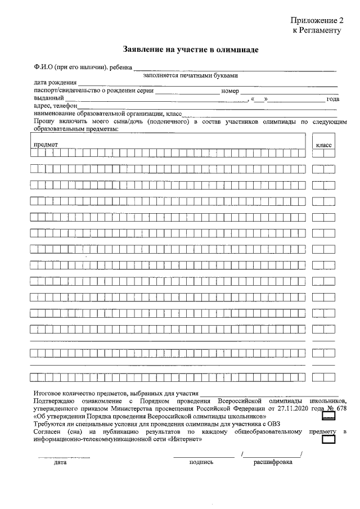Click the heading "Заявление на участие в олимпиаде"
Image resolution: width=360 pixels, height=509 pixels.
click(x=191, y=50)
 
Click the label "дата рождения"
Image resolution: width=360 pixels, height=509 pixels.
click(x=55, y=83)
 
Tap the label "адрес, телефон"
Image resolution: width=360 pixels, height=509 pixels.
click(x=55, y=105)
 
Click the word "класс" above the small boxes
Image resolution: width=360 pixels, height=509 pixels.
click(x=324, y=145)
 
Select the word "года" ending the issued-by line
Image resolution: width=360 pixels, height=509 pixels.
click(x=333, y=99)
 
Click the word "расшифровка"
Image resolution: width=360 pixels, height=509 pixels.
click(x=273, y=462)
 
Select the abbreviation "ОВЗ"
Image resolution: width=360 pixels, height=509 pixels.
click(x=271, y=424)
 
